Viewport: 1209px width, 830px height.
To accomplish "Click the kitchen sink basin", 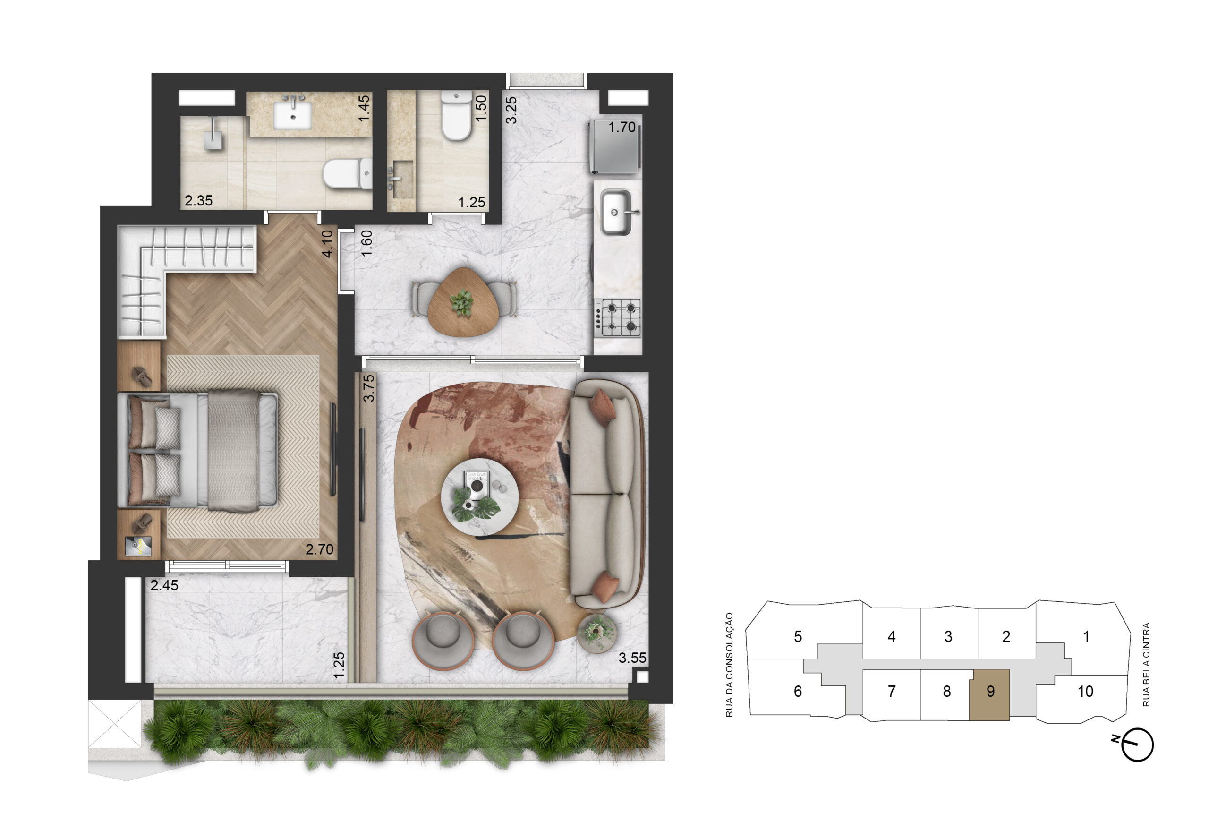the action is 616,212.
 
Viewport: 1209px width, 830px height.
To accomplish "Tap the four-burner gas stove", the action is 618,318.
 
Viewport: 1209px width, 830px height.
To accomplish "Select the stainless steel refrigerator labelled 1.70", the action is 615,147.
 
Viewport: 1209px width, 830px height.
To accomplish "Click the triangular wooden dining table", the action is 462,302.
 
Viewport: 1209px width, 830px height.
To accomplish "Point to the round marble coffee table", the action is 479,497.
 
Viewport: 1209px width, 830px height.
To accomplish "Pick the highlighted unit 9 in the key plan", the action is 989,695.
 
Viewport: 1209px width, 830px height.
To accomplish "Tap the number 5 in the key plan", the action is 798,636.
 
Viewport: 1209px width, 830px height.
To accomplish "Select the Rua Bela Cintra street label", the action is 1146,665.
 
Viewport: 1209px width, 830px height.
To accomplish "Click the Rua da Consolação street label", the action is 729,665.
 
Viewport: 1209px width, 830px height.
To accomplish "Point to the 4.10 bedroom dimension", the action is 327,244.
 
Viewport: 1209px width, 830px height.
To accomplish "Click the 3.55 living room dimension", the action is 632,658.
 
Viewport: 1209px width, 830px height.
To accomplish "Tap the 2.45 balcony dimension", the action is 164,585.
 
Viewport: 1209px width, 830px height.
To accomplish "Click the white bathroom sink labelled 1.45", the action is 292,114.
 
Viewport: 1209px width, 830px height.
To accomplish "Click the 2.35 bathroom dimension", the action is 198,200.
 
